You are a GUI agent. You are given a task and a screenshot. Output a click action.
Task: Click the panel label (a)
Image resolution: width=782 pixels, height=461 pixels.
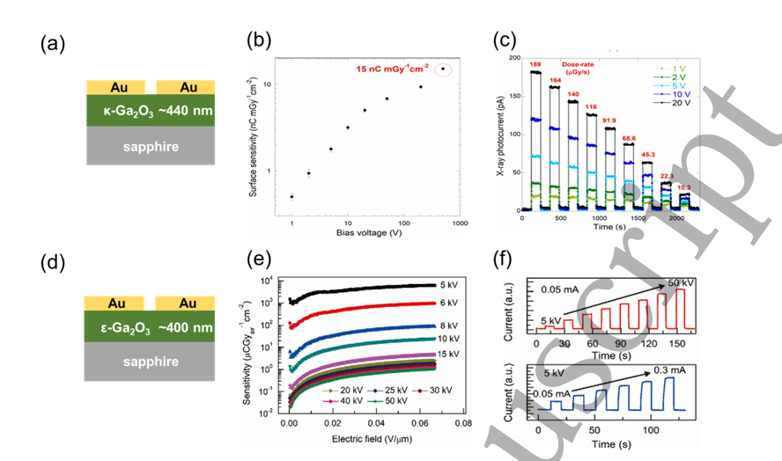click(50, 43)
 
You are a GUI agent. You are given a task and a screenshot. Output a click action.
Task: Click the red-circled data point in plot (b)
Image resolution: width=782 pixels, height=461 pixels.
click(443, 69)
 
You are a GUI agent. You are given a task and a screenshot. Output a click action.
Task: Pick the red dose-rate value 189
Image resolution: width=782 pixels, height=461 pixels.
click(534, 64)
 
